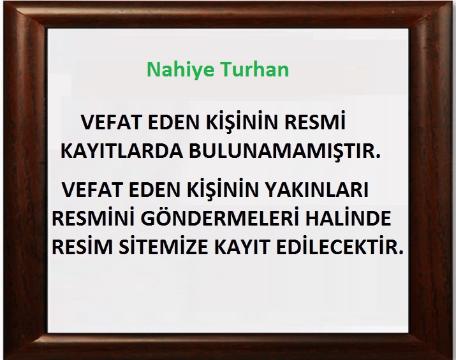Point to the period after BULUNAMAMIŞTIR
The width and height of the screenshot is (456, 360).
[378, 156]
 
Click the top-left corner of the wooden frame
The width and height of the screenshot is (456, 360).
[3, 3]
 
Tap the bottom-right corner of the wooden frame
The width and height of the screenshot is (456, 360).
[453, 357]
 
